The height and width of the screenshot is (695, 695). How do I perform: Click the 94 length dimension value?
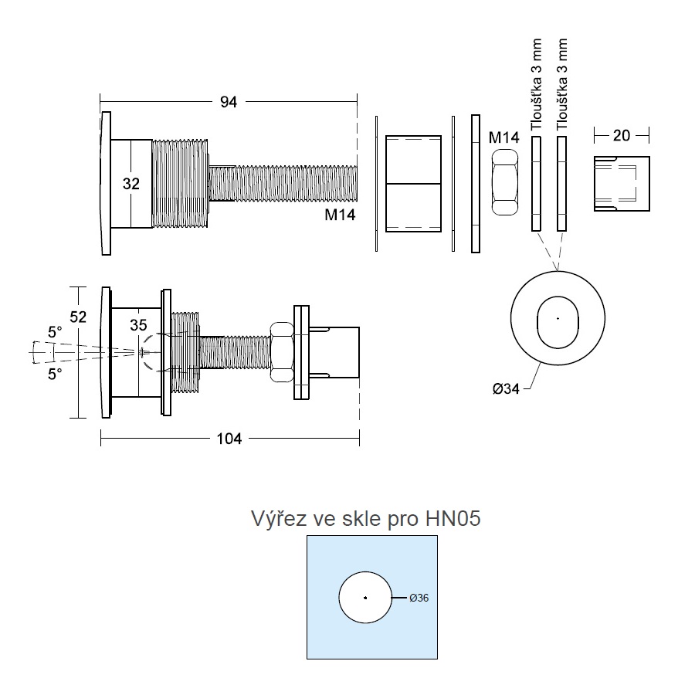(229, 102)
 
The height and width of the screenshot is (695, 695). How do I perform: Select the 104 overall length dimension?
(229, 439)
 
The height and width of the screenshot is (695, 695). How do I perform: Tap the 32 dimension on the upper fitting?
(131, 184)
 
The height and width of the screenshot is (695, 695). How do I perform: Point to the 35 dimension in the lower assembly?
(138, 325)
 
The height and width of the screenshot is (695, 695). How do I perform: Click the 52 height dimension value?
(78, 317)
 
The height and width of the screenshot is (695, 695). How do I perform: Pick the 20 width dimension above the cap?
(622, 135)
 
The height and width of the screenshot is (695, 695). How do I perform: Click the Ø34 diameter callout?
(506, 389)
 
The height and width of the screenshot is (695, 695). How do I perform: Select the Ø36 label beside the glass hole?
(419, 598)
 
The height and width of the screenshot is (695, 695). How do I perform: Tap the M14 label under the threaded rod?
(340, 215)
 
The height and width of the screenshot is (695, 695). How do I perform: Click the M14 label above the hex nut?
(504, 137)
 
